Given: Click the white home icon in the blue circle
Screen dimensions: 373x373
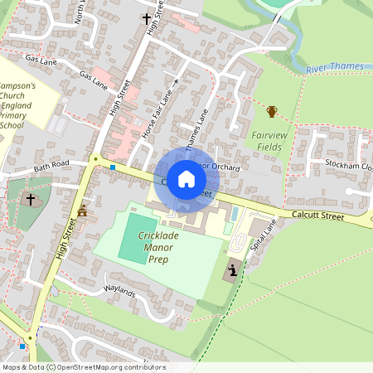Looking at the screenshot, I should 186,179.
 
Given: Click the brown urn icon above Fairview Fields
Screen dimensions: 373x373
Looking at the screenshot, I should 271,111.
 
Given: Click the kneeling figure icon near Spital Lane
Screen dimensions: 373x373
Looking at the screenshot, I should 234,269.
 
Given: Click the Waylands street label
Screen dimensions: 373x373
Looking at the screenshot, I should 119,292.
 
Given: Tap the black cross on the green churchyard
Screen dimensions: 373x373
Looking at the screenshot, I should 31,199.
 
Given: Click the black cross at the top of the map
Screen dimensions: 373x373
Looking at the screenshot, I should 146,17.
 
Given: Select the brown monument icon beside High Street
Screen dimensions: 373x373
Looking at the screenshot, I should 81,211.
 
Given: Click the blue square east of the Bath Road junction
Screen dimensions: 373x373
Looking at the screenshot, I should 113,167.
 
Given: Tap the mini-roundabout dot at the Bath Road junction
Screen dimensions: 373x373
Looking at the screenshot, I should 96,158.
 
